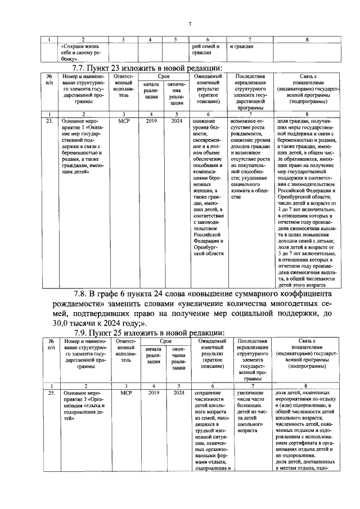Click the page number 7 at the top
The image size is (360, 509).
point(190,23)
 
